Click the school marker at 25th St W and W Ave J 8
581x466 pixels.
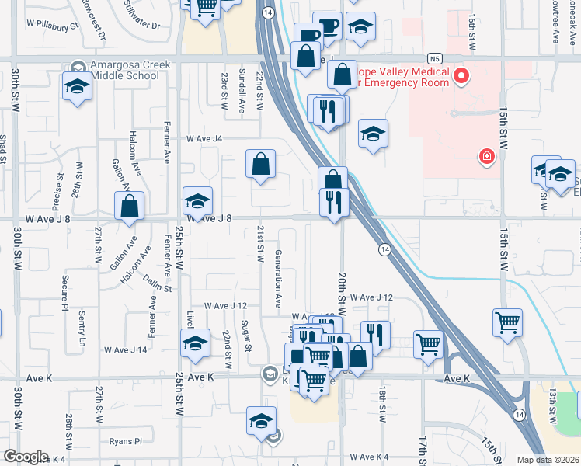click(197, 201)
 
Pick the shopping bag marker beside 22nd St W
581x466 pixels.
click(261, 164)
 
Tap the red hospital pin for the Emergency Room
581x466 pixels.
click(461, 77)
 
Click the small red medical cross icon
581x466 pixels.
click(487, 157)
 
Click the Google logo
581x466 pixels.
click(26, 457)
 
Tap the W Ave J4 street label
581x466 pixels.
click(205, 139)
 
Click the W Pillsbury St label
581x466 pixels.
click(53, 24)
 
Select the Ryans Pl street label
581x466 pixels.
click(126, 441)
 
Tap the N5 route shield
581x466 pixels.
click(435, 58)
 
